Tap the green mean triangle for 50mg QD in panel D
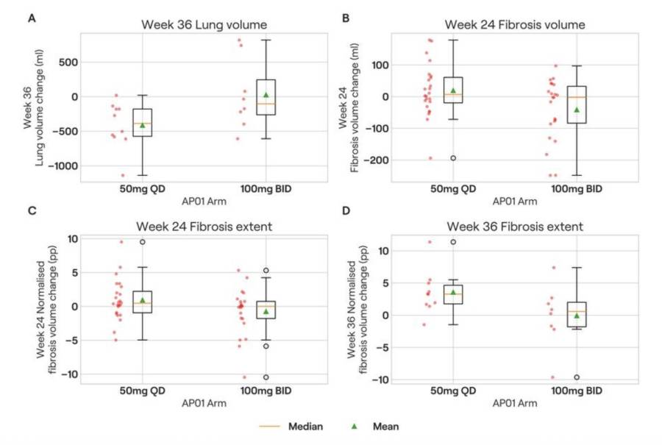click(x=453, y=292)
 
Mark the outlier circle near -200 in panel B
click(x=453, y=158)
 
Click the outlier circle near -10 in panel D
click(x=577, y=377)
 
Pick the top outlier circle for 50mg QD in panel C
click(x=143, y=242)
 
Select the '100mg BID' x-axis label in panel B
click(x=577, y=189)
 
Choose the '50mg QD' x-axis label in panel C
click(x=143, y=391)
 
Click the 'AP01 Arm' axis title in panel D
click(x=514, y=403)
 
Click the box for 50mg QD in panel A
click(x=143, y=122)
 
